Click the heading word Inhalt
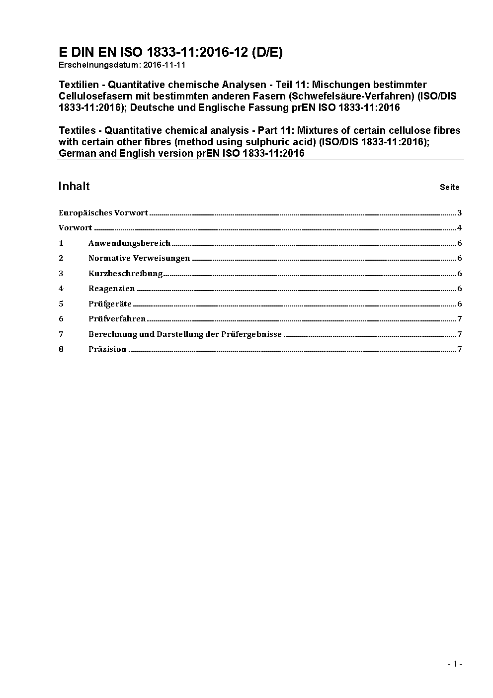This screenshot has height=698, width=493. coord(74,186)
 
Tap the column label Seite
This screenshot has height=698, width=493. coord(449,188)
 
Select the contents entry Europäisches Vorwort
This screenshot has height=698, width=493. coord(103,213)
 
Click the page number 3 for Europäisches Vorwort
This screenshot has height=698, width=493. coord(460,213)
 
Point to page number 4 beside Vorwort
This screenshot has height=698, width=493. coord(460,228)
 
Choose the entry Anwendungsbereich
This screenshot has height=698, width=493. coord(129,243)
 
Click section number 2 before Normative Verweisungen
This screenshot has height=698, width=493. coord(61,258)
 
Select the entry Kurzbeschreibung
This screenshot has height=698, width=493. coord(125,274)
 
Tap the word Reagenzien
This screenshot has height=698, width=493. coord(111,289)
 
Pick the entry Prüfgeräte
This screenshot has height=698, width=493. coord(110,304)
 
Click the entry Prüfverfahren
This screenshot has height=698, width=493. coord(117,319)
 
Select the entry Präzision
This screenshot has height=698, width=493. coord(107,349)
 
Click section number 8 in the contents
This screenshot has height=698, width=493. coord(61,349)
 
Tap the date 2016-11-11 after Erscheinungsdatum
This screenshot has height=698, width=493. coord(164,65)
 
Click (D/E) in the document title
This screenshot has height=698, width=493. coord(267,52)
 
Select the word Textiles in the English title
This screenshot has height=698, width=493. coord(77,130)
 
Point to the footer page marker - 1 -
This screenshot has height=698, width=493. coord(455,664)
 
